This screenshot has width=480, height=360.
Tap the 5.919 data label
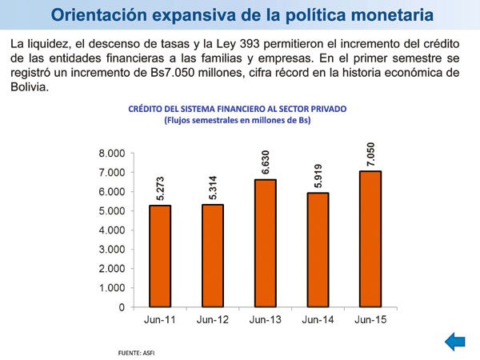(316, 176)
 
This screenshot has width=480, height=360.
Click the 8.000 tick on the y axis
(112, 154)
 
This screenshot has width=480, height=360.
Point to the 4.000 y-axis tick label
(112, 230)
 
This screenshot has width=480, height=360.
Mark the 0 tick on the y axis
(122, 307)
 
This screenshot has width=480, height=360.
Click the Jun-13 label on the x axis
(264, 321)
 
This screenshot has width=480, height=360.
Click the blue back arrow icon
(455, 342)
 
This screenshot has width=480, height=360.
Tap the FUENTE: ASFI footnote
(135, 352)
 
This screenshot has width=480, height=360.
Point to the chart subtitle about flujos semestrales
(237, 121)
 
